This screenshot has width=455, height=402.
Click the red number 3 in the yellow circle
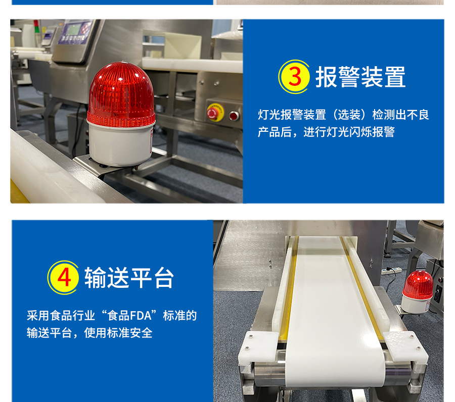coord(295,77)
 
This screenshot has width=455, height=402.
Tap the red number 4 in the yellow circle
coord(64,277)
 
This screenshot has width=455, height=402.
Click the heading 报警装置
coord(360,77)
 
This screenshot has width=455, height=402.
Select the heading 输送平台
coord(129,278)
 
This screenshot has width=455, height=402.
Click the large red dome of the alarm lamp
coord(121,94)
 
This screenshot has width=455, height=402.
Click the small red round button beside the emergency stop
coord(234,116)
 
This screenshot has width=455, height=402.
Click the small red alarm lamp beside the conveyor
coord(417,292)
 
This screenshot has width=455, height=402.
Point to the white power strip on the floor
coord(391,271)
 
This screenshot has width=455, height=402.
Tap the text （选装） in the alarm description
coord(349,115)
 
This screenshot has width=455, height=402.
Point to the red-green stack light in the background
coord(36,26)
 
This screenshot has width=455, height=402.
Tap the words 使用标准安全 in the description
coord(118,333)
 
